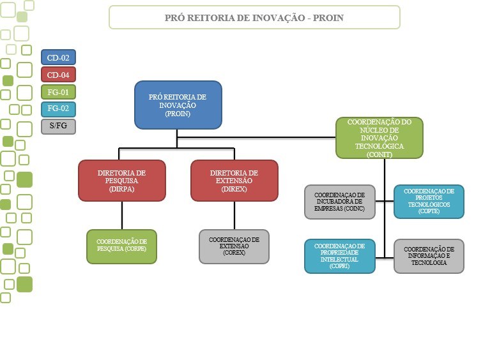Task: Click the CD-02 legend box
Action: click(58, 57)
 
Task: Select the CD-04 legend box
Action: click(58, 75)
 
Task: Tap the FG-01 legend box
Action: click(58, 92)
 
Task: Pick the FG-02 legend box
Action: click(58, 109)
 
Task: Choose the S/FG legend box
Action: click(58, 126)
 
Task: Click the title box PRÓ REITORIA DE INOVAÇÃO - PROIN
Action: click(254, 18)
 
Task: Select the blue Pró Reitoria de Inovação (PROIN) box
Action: click(178, 105)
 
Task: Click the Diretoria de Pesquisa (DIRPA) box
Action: click(122, 181)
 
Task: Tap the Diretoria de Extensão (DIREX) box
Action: click(234, 181)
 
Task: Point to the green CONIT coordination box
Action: click(379, 138)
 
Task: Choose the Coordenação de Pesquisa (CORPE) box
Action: click(121, 246)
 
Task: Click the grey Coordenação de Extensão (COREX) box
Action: click(234, 246)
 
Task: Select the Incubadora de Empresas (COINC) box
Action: click(339, 202)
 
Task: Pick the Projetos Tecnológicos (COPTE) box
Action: click(429, 202)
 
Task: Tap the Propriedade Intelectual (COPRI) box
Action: click(339, 256)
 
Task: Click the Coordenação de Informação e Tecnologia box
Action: click(429, 256)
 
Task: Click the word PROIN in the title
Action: click(328, 18)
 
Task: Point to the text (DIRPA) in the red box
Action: click(122, 190)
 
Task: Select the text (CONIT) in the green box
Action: click(379, 154)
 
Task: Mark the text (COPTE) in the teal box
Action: click(429, 211)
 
